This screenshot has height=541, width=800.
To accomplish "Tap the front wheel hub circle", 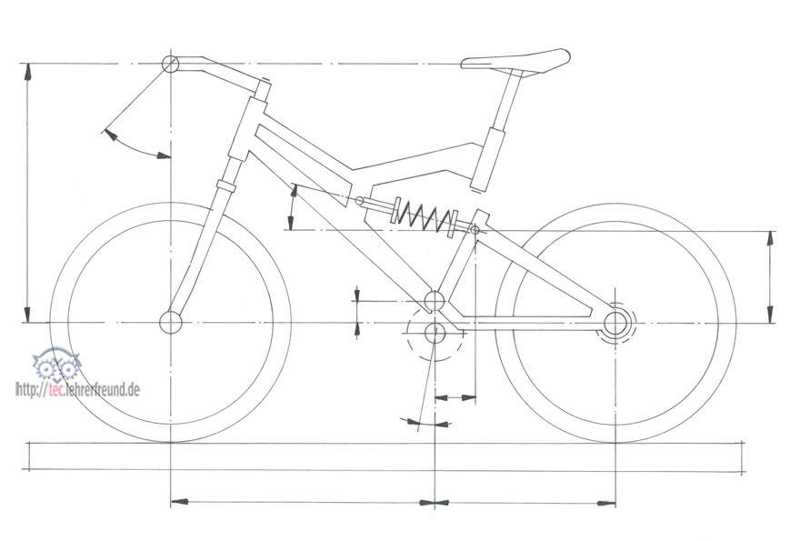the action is (171, 322).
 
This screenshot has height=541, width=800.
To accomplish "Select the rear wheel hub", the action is (615, 323).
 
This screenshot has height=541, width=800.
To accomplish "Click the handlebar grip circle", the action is (170, 65).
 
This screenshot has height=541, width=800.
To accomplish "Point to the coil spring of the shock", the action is (426, 217).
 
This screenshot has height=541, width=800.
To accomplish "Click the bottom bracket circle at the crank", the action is (435, 334).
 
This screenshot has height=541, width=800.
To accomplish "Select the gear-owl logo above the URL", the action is (56, 364).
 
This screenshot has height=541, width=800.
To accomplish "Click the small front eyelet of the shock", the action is (360, 200).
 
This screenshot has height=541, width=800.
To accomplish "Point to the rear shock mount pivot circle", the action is (475, 230).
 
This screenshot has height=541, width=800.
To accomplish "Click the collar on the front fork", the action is (225, 185).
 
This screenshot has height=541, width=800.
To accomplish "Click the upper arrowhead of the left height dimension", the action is (28, 72).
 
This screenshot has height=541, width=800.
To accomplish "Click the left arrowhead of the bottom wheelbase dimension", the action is (179, 502).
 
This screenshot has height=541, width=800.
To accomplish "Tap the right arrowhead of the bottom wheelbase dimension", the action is (606, 503).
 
